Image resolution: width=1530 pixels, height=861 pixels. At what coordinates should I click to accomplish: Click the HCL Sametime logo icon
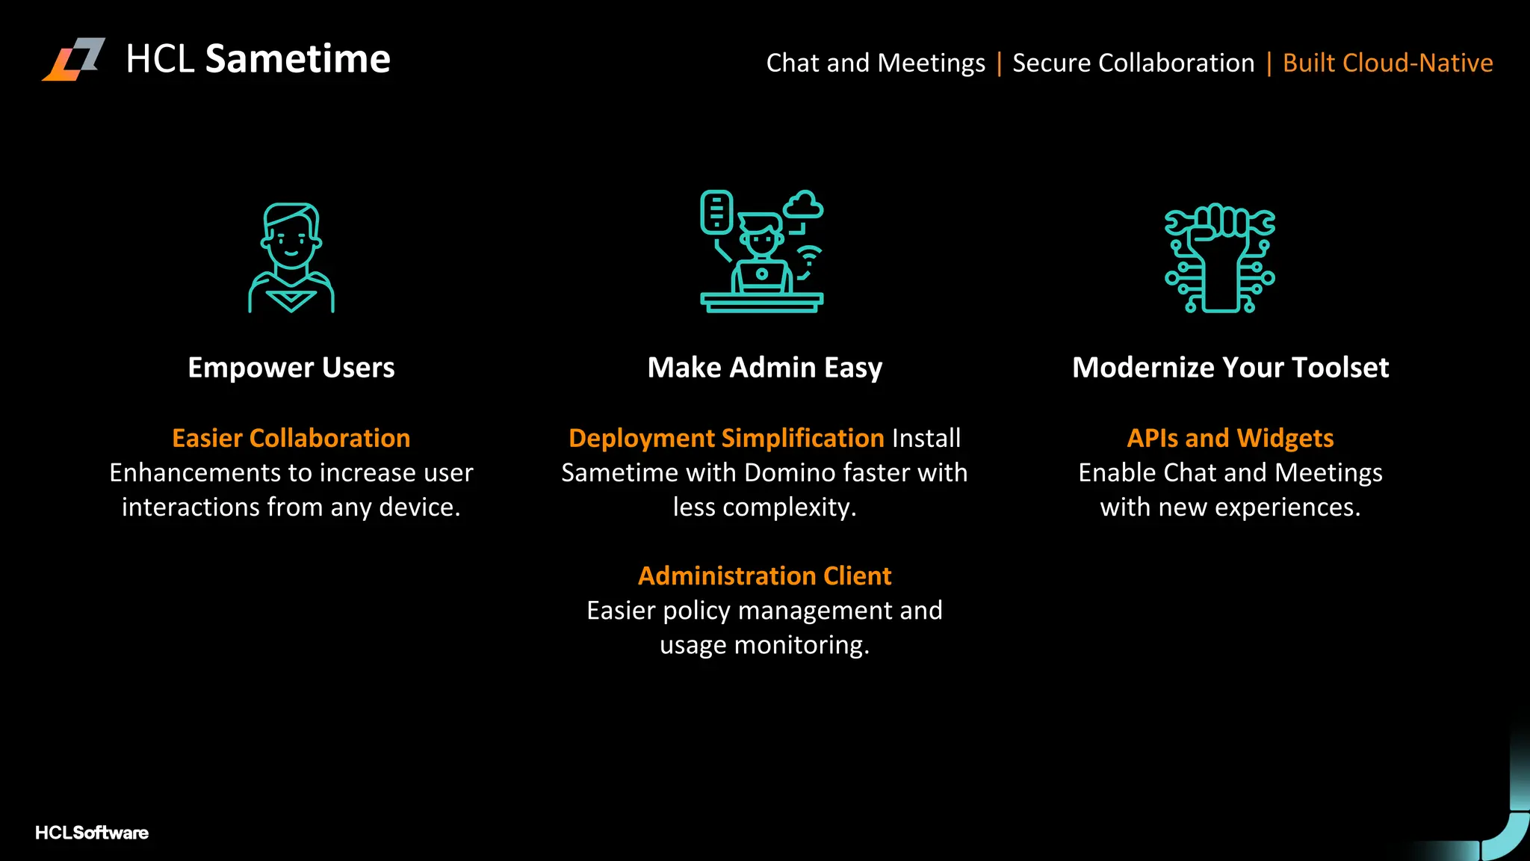coord(74,59)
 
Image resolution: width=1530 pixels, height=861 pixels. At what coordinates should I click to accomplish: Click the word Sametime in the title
coord(297,59)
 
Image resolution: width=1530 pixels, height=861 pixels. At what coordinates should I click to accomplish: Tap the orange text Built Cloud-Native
coord(1387,63)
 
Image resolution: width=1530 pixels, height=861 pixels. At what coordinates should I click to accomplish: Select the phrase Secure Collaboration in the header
coord(1133,63)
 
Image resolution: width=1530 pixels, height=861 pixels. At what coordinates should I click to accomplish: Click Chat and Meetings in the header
coord(876,63)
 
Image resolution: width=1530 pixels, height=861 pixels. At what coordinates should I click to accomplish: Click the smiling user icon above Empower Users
coord(291,257)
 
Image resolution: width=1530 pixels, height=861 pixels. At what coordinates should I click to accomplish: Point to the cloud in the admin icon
coord(804,205)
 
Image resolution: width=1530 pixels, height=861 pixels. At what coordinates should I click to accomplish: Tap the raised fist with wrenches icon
coord(1220,257)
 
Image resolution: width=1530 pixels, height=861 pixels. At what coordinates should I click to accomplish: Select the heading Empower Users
coord(291,368)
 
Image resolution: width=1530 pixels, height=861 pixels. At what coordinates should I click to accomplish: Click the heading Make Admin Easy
coord(765,368)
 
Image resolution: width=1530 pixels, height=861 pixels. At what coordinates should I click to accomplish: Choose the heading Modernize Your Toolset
coord(1230,368)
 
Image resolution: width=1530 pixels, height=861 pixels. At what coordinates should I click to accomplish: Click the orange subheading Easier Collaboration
coord(291,438)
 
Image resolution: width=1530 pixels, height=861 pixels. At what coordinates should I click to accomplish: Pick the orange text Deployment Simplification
coord(726,438)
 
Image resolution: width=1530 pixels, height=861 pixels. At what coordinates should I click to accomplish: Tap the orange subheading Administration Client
coord(765,576)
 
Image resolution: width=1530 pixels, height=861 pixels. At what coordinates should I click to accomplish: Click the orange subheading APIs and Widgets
coord(1230,438)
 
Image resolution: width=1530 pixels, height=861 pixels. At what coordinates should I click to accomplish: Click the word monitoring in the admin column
coord(801,645)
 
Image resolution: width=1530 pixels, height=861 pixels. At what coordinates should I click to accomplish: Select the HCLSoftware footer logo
coord(92,833)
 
